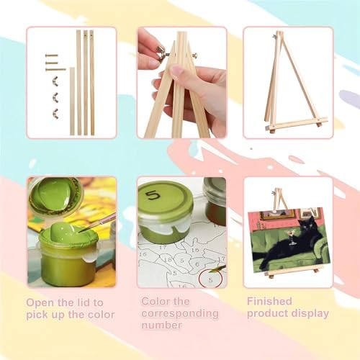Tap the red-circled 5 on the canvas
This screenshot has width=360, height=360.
210,280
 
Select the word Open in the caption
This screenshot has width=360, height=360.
40,302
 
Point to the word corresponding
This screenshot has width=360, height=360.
180,314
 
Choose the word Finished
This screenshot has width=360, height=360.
269,301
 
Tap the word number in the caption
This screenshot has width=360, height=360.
161,325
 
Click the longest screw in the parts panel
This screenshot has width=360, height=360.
55,70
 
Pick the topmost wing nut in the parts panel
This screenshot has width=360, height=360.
55,82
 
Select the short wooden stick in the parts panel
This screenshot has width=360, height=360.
72,101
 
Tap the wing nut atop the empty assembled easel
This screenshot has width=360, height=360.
274,37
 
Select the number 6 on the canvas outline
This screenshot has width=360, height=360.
197,264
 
